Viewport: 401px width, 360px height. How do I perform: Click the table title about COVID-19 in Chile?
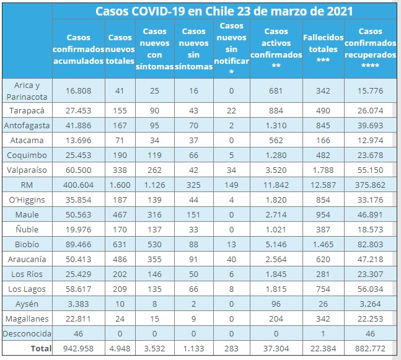click(x=224, y=11)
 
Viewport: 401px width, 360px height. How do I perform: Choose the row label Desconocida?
click(x=27, y=333)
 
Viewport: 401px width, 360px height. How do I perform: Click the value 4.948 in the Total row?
click(x=120, y=349)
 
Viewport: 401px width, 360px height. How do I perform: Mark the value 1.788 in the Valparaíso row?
click(x=322, y=170)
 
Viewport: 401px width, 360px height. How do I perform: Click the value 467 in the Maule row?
click(x=120, y=215)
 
